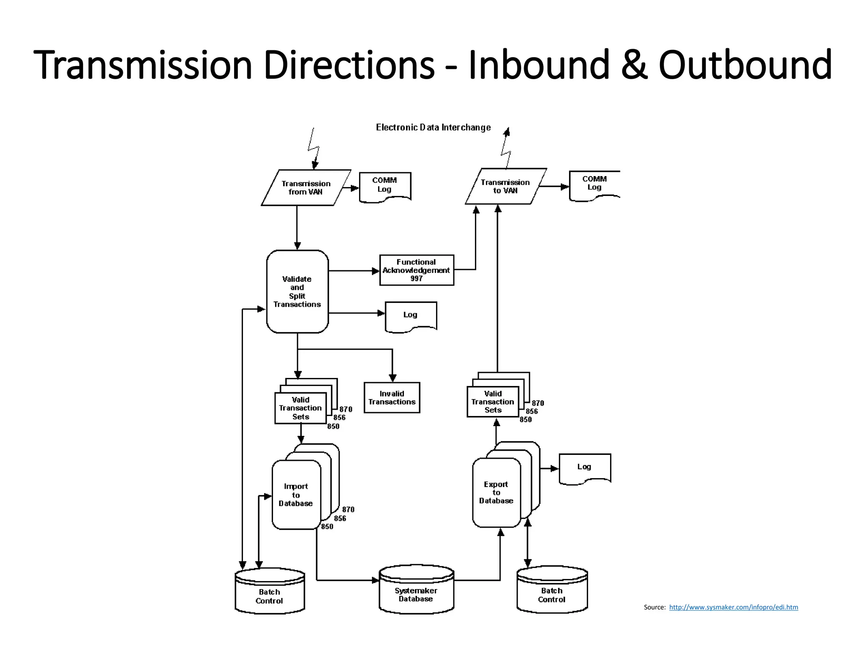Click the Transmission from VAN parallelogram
click(306, 188)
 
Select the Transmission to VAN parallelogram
click(505, 187)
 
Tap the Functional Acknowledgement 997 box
click(417, 270)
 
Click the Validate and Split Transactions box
click(297, 292)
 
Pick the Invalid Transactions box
click(392, 398)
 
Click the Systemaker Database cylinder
click(416, 590)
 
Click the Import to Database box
click(296, 495)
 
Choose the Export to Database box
click(496, 493)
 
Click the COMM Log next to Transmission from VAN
click(385, 186)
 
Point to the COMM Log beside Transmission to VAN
click(594, 185)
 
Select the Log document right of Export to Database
click(585, 468)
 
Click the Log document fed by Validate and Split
click(411, 316)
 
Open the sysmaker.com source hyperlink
click(733, 607)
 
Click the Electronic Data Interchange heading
click(433, 127)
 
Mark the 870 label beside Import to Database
click(348, 510)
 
